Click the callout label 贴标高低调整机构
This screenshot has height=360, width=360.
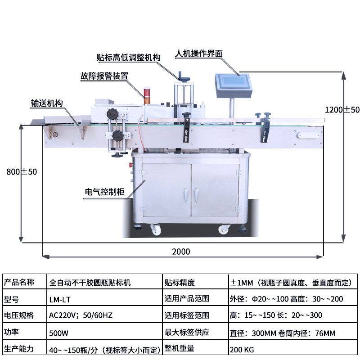129,58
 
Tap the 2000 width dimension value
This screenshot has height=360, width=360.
181,252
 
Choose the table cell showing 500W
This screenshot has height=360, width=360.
59,333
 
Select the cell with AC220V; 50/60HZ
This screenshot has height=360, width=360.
81,315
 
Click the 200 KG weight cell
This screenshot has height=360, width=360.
243,348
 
